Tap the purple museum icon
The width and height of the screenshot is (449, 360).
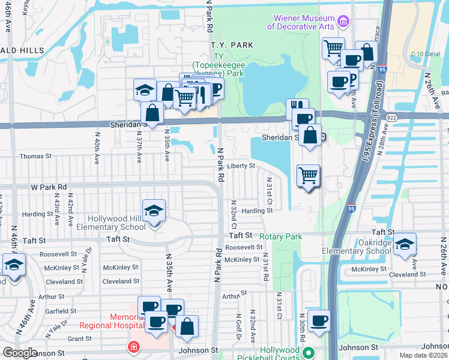[343, 22]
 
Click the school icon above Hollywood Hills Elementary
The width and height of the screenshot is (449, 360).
[154, 211]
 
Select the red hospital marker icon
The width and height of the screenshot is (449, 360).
[131, 347]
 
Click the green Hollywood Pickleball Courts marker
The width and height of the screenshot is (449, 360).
[309, 352]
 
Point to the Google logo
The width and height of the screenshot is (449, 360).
[20, 352]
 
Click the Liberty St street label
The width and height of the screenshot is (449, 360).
[241, 166]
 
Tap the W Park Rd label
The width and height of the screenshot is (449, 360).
[49, 187]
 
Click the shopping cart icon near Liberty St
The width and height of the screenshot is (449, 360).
[308, 176]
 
